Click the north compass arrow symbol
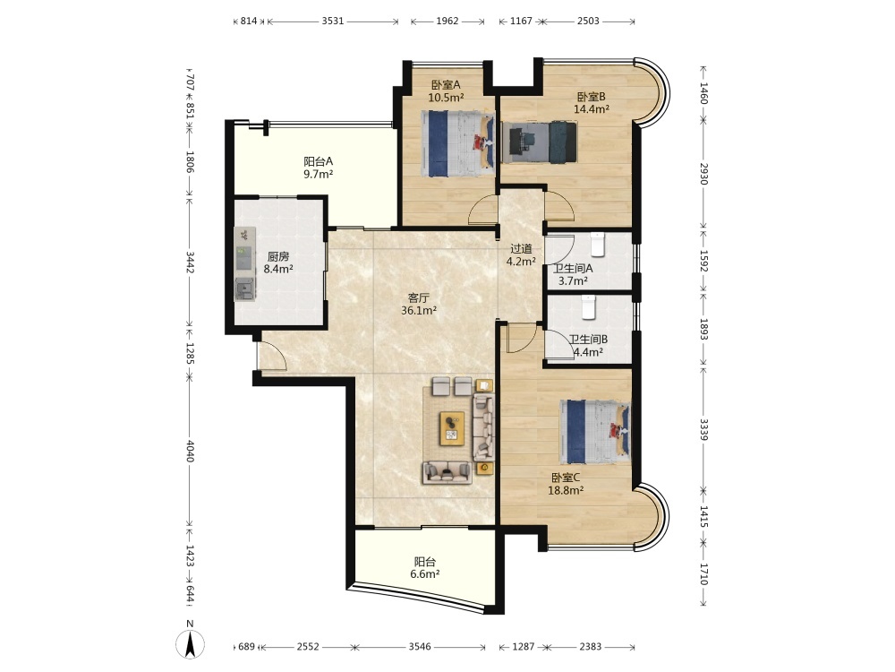190,645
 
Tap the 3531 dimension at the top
333,22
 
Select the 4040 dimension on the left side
190,451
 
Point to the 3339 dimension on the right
703,429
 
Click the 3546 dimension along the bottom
420,646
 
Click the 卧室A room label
445,84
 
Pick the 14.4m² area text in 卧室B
592,109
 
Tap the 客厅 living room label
418,297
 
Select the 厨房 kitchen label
278,256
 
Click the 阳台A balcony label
318,161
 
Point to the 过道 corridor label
521,248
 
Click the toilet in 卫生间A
597,244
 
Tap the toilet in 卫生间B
589,306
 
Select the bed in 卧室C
595,432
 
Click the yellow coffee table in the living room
451,428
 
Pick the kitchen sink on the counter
245,288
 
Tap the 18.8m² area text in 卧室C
566,490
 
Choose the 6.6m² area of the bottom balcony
424,574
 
